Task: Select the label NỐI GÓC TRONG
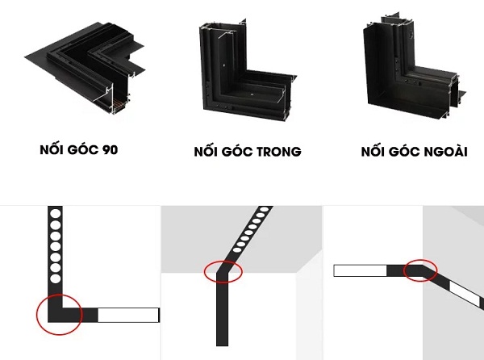[x=247, y=152]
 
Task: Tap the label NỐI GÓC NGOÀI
[x=414, y=152]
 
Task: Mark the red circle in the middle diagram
[x=223, y=272]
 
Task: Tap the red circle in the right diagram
[x=419, y=270]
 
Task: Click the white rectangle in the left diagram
[x=128, y=314]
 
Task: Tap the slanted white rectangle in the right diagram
[x=465, y=293]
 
